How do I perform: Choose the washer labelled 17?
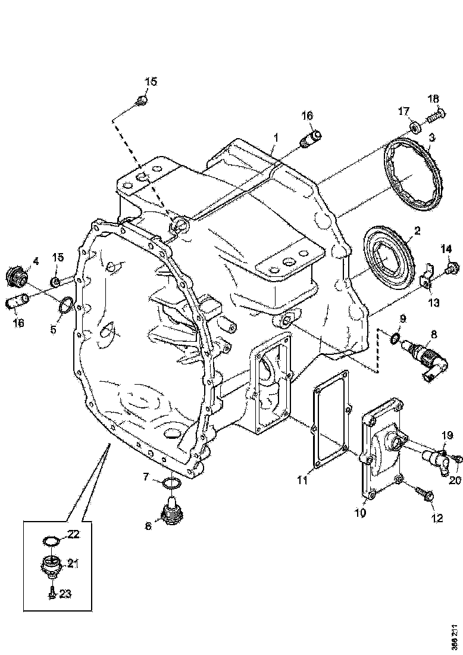tap(415, 128)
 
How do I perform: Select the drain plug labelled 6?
tap(171, 514)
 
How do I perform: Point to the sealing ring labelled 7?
tap(172, 482)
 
